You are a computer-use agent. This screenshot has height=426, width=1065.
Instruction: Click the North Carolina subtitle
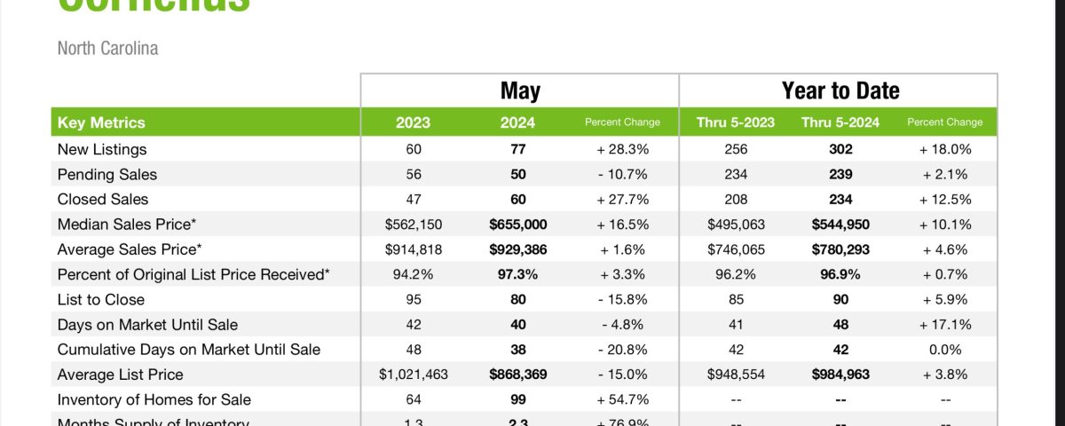pos(107,48)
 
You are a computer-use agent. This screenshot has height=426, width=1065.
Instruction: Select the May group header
pos(520,91)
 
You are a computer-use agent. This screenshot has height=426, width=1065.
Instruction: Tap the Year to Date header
pos(840,91)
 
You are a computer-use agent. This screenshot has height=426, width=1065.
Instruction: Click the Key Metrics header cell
pos(101,122)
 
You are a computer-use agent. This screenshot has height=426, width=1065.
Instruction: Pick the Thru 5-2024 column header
pos(840,122)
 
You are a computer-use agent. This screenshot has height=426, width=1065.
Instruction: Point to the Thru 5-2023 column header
pos(736,122)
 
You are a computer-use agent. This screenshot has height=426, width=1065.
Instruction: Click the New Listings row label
pos(102,149)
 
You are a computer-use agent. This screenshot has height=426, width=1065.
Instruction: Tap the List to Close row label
pos(100,300)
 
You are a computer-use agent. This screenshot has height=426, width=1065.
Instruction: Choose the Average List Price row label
pos(120,375)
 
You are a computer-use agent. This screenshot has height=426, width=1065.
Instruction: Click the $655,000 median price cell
pos(518,225)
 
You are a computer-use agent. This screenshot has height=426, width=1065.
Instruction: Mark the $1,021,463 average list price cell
pos(414,375)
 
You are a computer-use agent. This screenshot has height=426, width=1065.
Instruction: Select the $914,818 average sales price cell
pos(414,249)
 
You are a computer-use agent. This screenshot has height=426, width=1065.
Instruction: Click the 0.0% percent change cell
pos(945,350)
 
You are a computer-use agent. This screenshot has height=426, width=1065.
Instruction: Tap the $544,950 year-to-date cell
pos(840,225)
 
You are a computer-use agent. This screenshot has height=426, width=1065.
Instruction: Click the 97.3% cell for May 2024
pos(518,274)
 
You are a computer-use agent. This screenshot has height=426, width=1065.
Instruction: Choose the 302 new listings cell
pos(840,149)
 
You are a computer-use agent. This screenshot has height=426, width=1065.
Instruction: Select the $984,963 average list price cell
pos(840,375)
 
